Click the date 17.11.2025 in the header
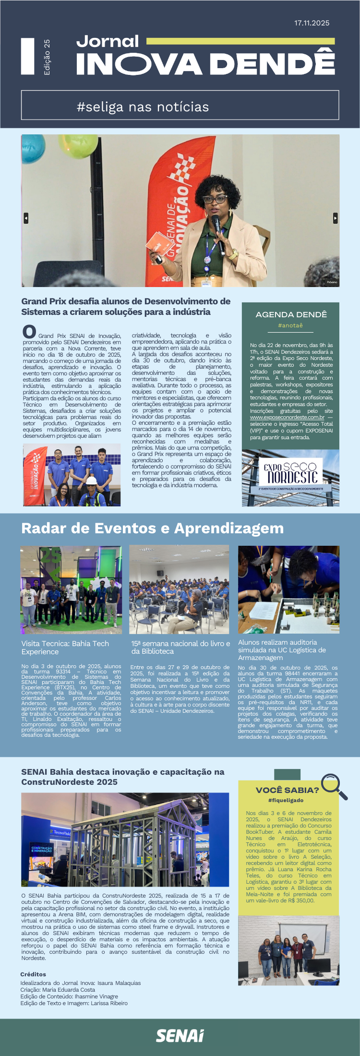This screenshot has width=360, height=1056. (312, 23)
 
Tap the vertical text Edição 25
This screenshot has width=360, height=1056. (47, 57)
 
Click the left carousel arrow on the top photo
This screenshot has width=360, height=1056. (26, 218)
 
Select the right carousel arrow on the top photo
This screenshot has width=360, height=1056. (335, 218)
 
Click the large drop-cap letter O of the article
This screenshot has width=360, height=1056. (29, 332)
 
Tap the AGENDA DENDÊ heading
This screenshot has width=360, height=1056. (291, 314)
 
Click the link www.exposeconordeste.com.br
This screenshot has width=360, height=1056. (287, 417)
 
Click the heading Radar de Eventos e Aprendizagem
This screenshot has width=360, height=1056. (152, 528)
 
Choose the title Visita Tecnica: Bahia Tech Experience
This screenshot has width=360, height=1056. (65, 647)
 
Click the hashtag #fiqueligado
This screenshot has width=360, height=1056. (286, 800)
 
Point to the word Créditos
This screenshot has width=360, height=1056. (33, 974)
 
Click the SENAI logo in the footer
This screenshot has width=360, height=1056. (180, 1036)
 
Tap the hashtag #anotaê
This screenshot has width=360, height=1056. (290, 325)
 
